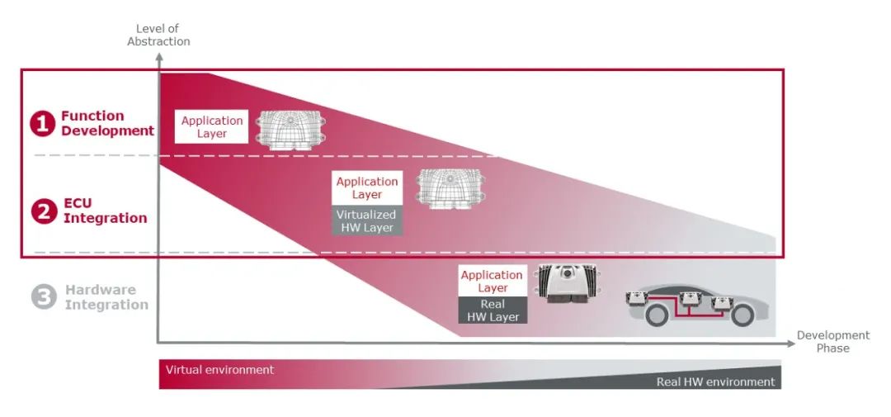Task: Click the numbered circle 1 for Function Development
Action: pos(43,124)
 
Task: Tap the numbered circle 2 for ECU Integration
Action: pos(43,211)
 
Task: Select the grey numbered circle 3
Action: pos(43,297)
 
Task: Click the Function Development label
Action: pos(106,123)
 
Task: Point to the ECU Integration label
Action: pos(105,211)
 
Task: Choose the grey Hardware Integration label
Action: pos(106,297)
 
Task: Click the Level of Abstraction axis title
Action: pos(158,36)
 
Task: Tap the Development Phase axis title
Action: pos(832,342)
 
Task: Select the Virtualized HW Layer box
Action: pos(366,221)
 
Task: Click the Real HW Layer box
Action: pos(493,310)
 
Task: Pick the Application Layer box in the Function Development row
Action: pos(212,127)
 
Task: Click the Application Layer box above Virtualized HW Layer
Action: pos(366,188)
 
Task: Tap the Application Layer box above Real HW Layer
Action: pos(493,281)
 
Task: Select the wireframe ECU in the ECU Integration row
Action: pos(446,189)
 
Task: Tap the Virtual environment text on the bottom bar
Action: pos(219,370)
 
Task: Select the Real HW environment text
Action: pos(715,381)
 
